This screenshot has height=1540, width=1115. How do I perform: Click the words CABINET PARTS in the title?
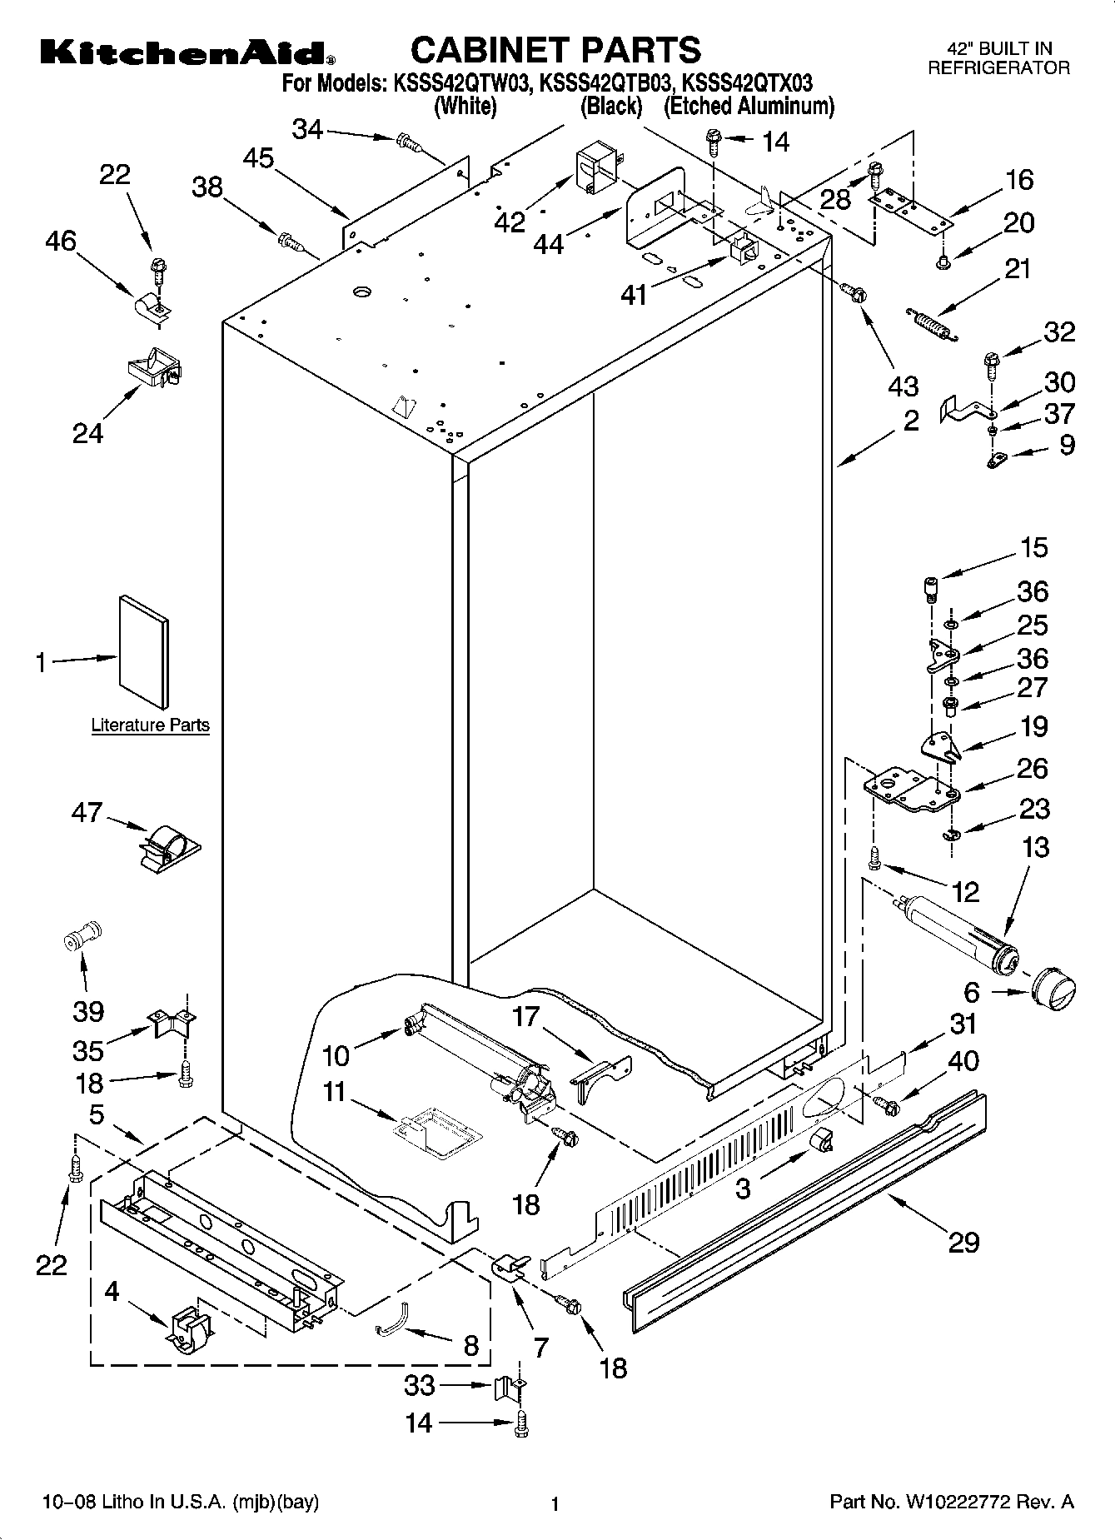[x=555, y=50]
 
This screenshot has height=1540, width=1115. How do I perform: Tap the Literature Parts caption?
[x=150, y=725]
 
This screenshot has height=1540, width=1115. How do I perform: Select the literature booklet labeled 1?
[x=144, y=651]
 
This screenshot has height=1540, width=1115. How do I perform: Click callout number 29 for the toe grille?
[x=963, y=1243]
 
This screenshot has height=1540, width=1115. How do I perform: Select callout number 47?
[x=87, y=811]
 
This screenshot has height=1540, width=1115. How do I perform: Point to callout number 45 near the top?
[x=259, y=157]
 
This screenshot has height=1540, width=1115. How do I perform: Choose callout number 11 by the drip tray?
[x=334, y=1092]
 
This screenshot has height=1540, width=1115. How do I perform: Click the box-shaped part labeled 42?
[x=593, y=169]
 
